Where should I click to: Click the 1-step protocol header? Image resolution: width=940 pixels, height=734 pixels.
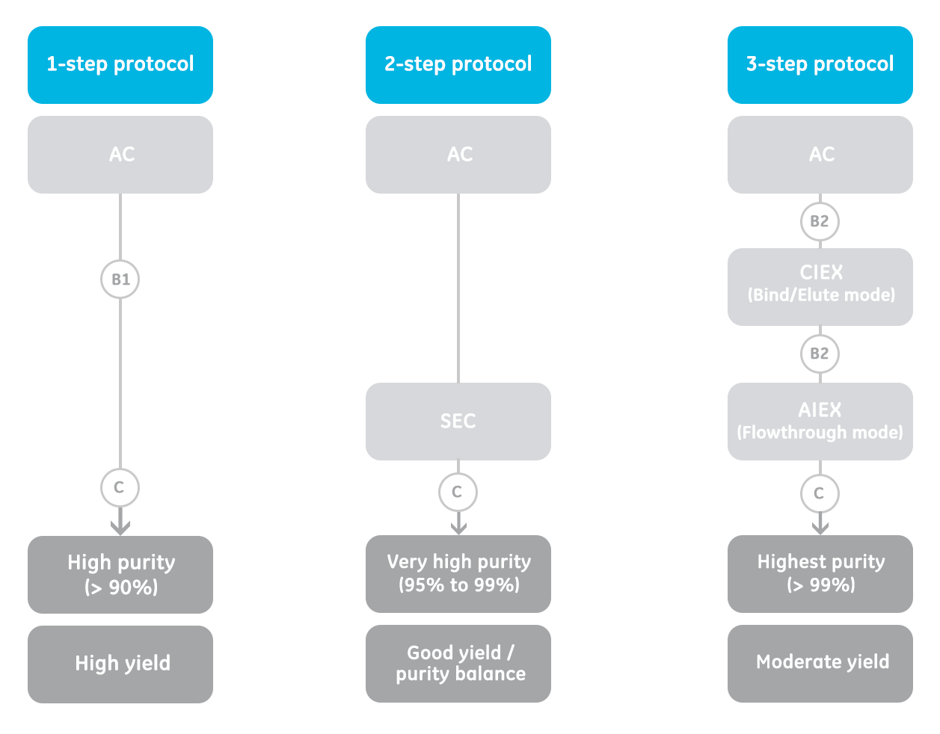pyautogui.click(x=120, y=65)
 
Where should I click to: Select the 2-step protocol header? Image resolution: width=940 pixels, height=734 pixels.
pyautogui.click(x=458, y=65)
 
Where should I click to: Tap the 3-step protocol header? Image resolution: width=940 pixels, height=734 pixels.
pyautogui.click(x=820, y=65)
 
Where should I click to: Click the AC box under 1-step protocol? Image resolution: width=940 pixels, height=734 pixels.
pyautogui.click(x=120, y=155)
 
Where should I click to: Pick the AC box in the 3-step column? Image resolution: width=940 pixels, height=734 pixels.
pyautogui.click(x=820, y=155)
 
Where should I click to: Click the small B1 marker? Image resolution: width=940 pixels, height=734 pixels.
pyautogui.click(x=120, y=280)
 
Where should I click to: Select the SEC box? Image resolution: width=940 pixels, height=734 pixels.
pyautogui.click(x=458, y=422)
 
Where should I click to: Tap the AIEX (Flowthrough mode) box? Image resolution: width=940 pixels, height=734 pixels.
pyautogui.click(x=820, y=422)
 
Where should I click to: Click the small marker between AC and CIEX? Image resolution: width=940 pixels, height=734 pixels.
pyautogui.click(x=820, y=221)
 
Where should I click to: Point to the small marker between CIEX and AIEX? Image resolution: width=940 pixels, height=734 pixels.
pyautogui.click(x=820, y=354)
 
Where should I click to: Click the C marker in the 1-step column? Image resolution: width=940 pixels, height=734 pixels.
pyautogui.click(x=120, y=487)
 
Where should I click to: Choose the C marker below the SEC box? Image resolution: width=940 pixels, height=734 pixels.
pyautogui.click(x=458, y=492)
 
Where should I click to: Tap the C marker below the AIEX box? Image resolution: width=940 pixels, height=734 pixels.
pyautogui.click(x=820, y=493)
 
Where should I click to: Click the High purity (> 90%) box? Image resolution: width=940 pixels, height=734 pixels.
pyautogui.click(x=120, y=575)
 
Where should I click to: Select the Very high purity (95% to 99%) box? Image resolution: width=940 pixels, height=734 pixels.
pyautogui.click(x=458, y=574)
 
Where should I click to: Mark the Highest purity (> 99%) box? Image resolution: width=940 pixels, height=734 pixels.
pyautogui.click(x=820, y=574)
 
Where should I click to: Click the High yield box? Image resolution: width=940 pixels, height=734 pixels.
pyautogui.click(x=120, y=664)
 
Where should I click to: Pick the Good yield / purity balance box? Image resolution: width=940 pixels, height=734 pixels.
pyautogui.click(x=458, y=664)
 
